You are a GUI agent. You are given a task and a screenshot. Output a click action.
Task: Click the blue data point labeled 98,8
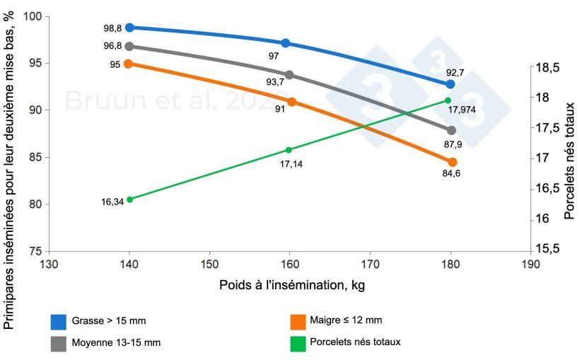[129, 28]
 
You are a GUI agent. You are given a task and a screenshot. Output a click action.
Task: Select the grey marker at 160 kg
[289, 75]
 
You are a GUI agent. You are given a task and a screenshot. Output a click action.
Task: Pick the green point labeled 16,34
[129, 199]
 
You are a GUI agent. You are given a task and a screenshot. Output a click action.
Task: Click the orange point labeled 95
[129, 64]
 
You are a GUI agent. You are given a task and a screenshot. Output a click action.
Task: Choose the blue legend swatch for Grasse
[59, 322]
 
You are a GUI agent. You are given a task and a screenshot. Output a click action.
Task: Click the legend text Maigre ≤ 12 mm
[346, 322]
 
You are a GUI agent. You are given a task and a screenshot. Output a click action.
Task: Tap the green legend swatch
[298, 342]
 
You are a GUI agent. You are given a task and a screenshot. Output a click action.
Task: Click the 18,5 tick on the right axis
[548, 68]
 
